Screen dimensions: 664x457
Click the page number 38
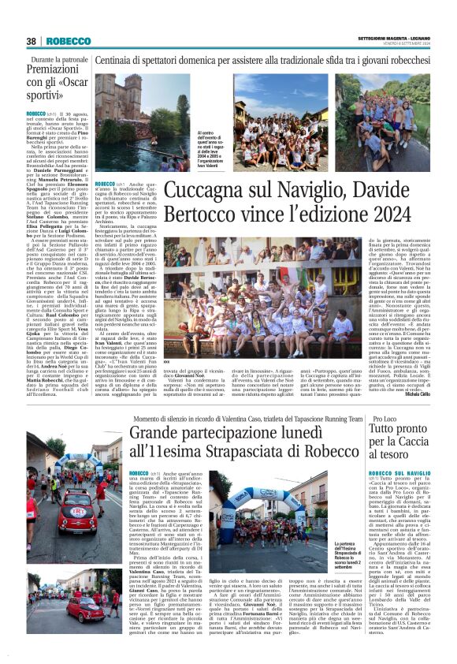tap(32, 41)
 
